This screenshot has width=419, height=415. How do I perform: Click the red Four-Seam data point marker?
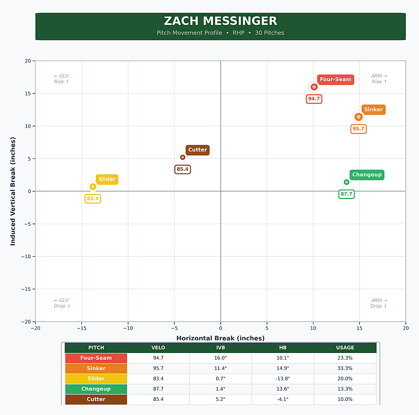tap(314, 87)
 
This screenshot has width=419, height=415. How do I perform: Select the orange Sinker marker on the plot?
tap(358, 117)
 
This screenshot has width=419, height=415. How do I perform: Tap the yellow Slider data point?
tap(93, 186)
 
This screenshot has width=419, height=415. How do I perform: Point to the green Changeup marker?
tap(346, 182)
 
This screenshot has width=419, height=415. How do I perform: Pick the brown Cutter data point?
tap(183, 157)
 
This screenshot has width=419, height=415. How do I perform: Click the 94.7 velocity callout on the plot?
tap(314, 99)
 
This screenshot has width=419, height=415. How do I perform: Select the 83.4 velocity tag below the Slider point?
tap(93, 198)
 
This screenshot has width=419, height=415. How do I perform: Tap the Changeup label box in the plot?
tap(367, 175)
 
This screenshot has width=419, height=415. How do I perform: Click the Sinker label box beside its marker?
tap(374, 109)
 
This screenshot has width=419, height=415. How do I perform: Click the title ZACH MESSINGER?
tap(220, 21)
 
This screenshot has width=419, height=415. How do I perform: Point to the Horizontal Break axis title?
tap(220, 338)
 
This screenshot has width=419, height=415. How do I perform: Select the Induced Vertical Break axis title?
tap(13, 191)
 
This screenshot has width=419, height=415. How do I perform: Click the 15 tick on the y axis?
tap(28, 93)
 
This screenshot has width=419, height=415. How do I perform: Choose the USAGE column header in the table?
tap(345, 348)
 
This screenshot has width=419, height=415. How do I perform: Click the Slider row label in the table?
tap(96, 379)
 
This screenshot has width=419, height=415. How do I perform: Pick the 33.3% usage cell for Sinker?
tap(345, 368)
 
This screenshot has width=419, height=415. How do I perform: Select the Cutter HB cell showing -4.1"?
tap(283, 399)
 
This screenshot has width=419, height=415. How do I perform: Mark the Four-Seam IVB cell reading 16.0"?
tap(220, 358)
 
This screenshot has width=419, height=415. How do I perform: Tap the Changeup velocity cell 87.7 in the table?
tap(158, 389)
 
